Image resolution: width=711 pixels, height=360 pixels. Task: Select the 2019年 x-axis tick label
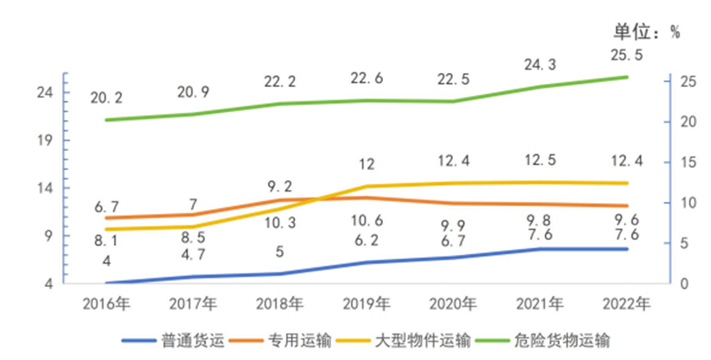pos(367,304)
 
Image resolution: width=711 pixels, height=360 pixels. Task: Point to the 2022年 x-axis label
pos(627,304)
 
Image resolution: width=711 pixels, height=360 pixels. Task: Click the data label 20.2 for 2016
pos(107,98)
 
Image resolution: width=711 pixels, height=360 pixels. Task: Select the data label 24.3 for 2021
pos(541,64)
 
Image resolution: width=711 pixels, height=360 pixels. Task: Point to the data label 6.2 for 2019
pos(367,242)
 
